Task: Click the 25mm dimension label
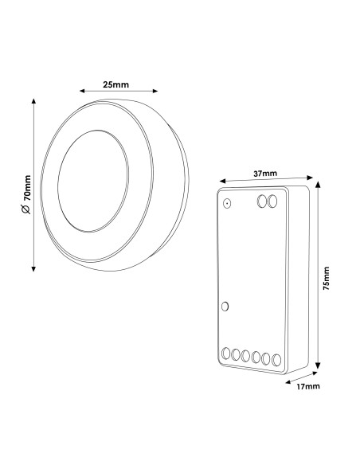116,85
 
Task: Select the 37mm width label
265,174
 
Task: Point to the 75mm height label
327,278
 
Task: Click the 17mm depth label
308,386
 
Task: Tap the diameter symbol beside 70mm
26,209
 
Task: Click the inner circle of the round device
58,181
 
